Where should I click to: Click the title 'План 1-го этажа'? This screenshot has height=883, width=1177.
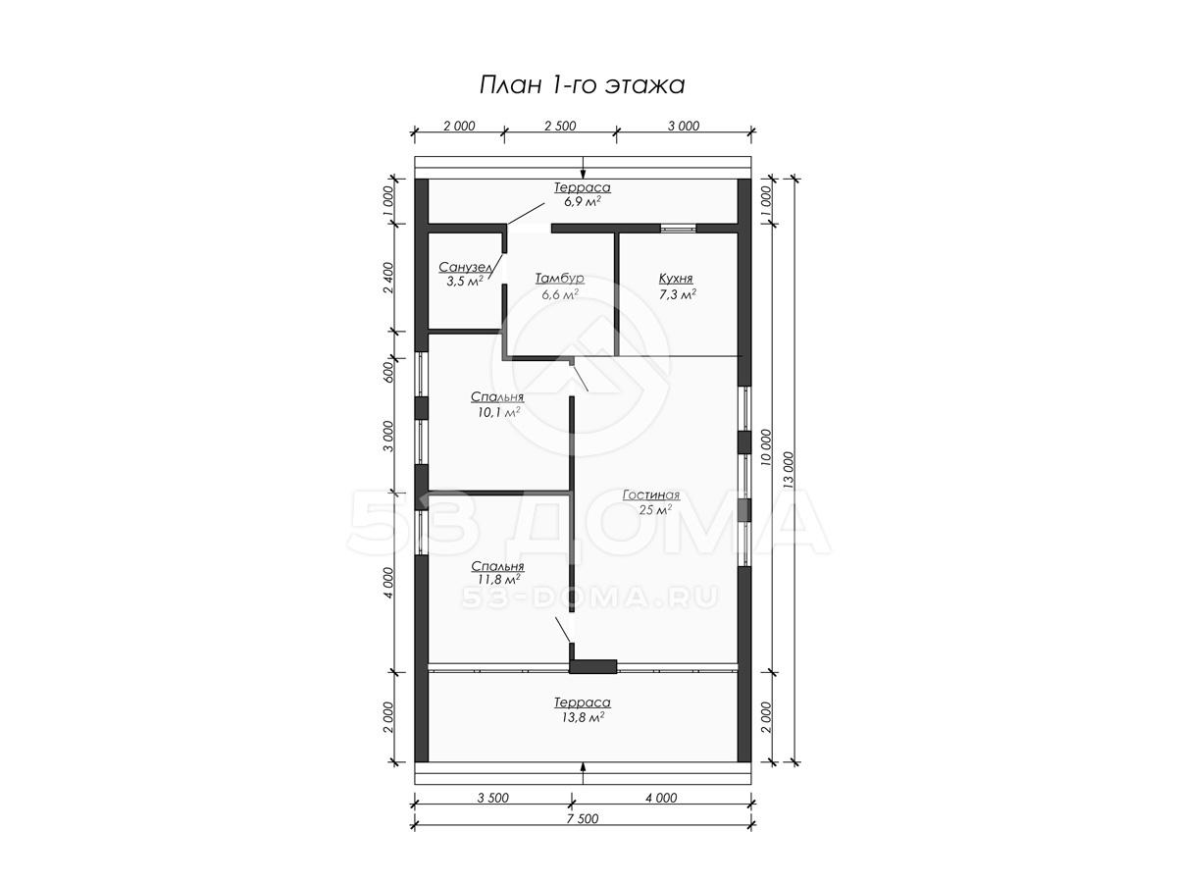582,85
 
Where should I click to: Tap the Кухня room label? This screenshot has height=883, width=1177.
676,279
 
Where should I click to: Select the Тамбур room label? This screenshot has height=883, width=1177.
560,279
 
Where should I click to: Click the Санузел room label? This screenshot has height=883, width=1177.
466,267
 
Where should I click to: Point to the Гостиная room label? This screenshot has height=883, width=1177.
651,494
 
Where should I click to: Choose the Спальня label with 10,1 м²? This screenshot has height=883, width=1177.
497,397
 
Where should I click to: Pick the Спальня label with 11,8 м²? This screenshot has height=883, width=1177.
497,567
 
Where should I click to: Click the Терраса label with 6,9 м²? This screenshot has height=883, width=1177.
583,187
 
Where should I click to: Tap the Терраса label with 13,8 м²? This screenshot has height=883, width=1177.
583,702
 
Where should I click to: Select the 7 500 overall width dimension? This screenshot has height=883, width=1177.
583,818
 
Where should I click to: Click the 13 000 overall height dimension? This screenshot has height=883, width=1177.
789,470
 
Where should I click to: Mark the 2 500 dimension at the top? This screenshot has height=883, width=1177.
560,126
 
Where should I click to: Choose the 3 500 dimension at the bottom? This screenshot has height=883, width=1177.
492,799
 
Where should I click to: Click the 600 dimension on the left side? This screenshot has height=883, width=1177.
388,371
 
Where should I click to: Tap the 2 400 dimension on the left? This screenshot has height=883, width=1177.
388,278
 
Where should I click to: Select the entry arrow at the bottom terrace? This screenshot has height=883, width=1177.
583,773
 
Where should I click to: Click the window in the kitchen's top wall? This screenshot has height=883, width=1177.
678,229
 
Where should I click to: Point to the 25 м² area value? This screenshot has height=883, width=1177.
655,510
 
